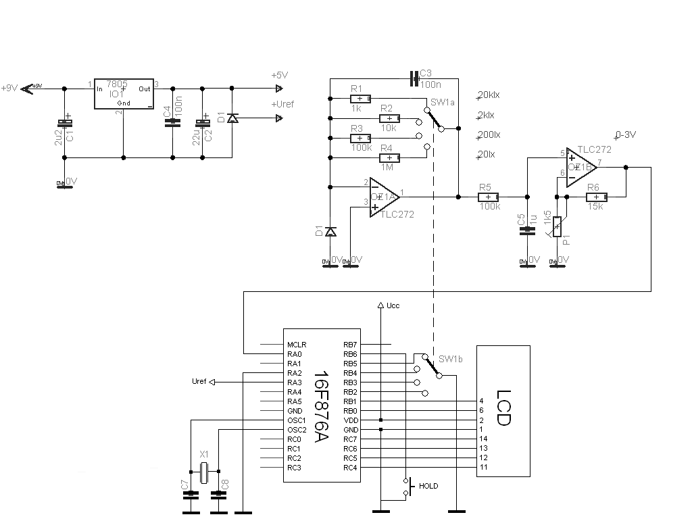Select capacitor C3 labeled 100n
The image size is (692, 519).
click(x=414, y=79)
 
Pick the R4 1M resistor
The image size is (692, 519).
click(x=391, y=157)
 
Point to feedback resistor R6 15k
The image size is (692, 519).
click(x=596, y=197)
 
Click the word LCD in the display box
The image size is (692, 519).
click(x=503, y=407)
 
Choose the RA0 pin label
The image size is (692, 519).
click(x=294, y=353)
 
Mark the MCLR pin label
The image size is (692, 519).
click(x=296, y=344)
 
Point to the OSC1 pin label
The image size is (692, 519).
click(x=296, y=420)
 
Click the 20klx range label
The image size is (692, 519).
click(x=488, y=95)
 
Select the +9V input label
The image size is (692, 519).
click(x=10, y=88)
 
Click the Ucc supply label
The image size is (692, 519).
click(x=393, y=305)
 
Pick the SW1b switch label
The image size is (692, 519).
click(x=449, y=358)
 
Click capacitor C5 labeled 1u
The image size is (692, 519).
click(x=526, y=230)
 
